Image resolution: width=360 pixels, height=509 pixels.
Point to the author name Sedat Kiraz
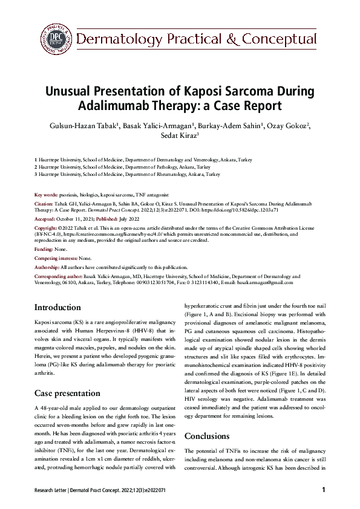click(179, 137)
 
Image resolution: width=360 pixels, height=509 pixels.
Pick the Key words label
click(46, 195)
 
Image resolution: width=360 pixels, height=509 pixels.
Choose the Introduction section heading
click(57, 307)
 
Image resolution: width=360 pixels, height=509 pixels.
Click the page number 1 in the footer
click(324, 490)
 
